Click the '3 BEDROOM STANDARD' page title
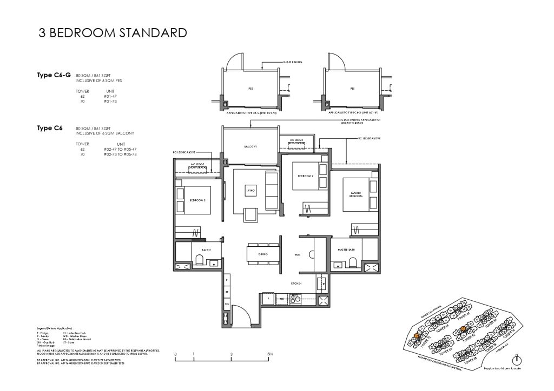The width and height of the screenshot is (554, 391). click(113, 33)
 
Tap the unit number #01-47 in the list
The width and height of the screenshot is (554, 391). click(110, 96)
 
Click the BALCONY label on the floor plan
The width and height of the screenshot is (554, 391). click(249, 146)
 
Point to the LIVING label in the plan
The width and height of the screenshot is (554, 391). click(249, 191)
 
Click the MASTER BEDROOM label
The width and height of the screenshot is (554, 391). click(355, 194)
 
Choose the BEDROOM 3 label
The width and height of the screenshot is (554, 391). click(197, 200)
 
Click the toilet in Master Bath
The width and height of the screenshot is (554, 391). click(353, 262)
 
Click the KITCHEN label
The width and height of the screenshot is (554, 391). click(295, 283)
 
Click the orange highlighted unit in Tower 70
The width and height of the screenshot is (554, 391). click(417, 336)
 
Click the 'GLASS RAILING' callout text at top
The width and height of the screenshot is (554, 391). click(292, 63)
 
